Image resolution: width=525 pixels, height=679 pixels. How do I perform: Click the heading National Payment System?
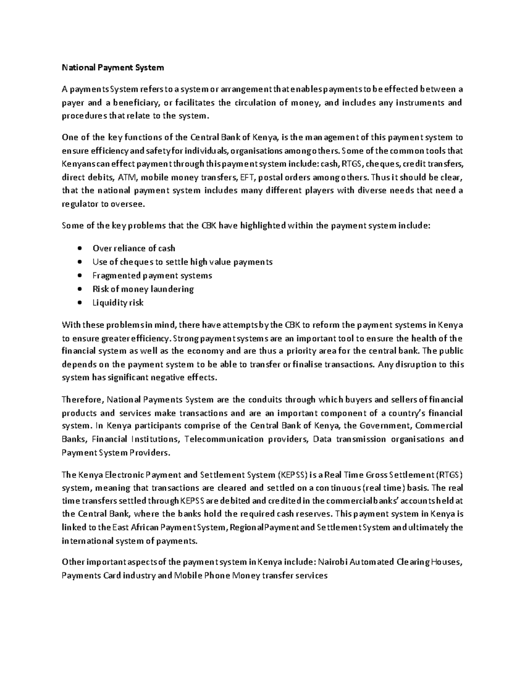113,67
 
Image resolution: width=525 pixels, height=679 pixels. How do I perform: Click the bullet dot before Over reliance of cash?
79,248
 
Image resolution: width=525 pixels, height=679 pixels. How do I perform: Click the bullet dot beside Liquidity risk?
79,303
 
